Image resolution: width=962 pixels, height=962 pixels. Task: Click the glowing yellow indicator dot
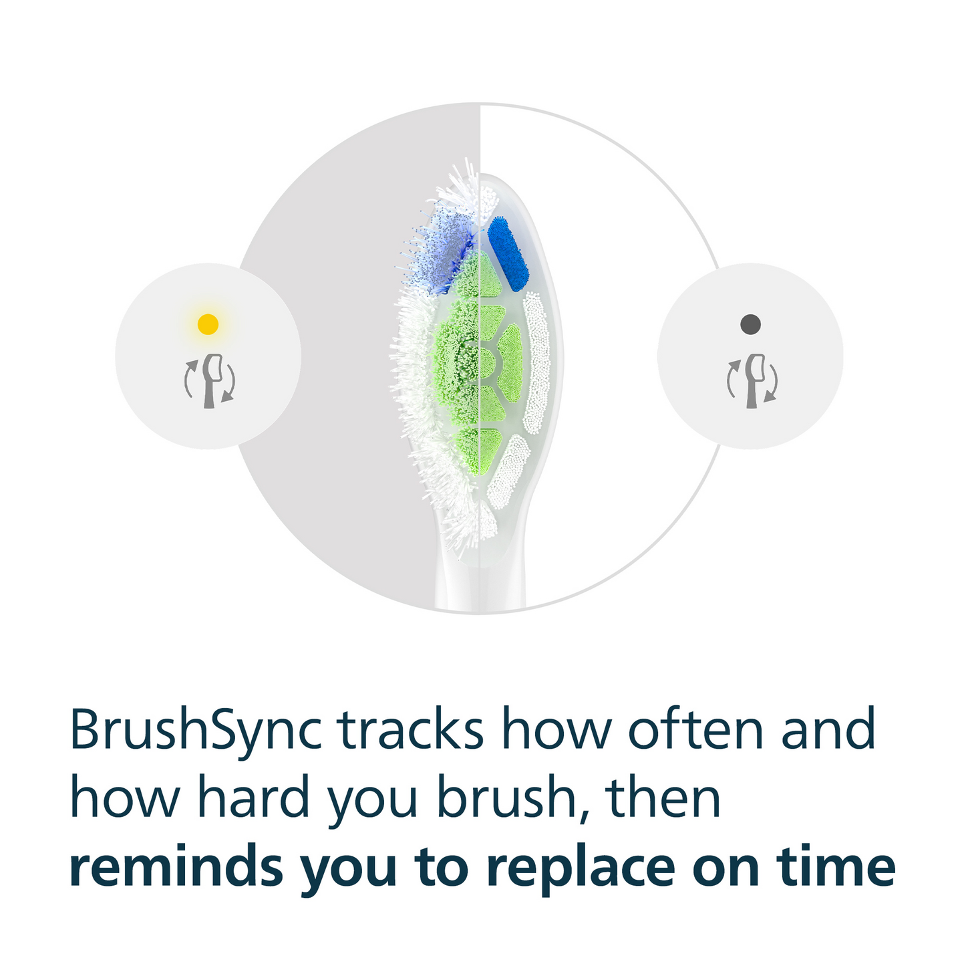[x=208, y=324]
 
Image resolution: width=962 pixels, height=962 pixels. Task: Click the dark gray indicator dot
[x=750, y=324]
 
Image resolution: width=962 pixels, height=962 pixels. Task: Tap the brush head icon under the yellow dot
[x=210, y=381]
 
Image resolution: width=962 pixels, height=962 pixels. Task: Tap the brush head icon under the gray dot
[x=752, y=381]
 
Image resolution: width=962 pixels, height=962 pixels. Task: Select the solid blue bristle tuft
[x=508, y=254]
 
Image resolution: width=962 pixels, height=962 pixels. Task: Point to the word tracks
[x=410, y=729]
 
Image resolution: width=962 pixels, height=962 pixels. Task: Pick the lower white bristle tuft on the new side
[x=509, y=472]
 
